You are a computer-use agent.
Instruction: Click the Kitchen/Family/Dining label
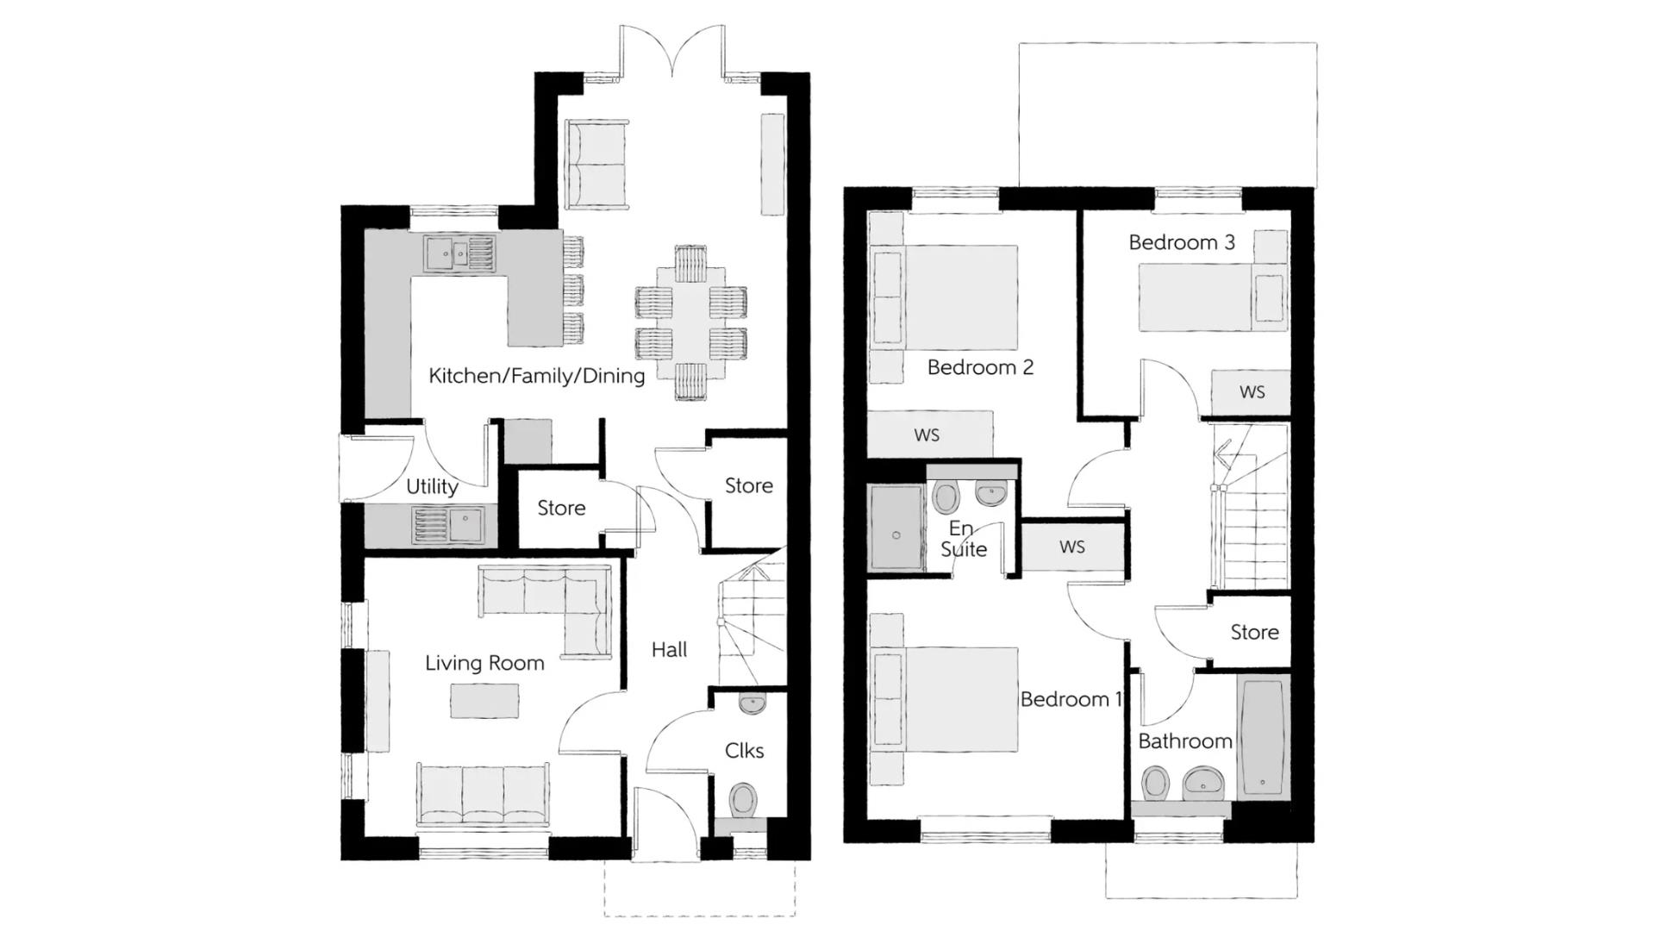(536, 376)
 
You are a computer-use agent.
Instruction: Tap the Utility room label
(432, 486)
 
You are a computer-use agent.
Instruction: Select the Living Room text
(484, 663)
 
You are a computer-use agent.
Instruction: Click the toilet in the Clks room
(742, 799)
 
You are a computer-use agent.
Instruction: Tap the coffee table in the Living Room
(484, 701)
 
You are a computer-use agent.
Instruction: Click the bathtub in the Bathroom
(1263, 737)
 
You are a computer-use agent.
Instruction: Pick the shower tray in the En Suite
(896, 528)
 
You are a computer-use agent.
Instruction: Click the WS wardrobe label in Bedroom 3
(1252, 392)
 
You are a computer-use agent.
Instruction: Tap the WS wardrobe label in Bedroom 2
(927, 435)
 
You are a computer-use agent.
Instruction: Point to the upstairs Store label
(1254, 633)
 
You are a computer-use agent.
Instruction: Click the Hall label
(669, 650)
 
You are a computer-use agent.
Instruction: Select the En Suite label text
(963, 539)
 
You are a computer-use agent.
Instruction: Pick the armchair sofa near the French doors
(596, 164)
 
